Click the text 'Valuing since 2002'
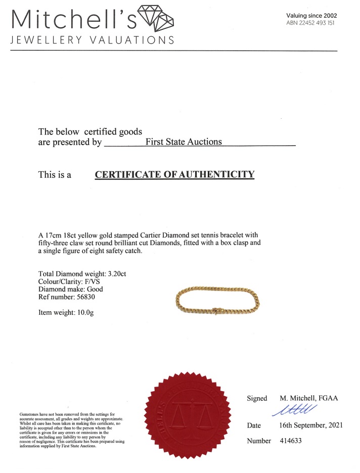311,15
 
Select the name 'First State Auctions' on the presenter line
184,141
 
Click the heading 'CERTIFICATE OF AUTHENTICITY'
174,175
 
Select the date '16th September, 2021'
310,425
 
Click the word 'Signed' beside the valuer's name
257,398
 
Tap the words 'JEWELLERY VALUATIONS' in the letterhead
92,40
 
